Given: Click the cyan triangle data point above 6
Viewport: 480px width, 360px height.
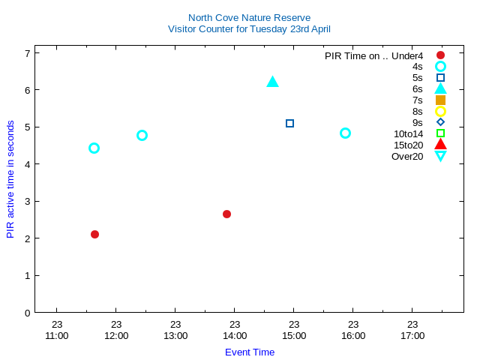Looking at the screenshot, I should (x=272, y=82).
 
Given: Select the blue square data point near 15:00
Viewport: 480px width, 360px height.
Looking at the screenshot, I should (x=290, y=123).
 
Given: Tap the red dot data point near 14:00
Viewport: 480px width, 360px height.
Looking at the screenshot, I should (x=226, y=214).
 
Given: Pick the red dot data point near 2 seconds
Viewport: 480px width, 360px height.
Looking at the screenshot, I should (x=94, y=235).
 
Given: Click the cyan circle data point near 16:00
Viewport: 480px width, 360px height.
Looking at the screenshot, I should (x=345, y=133).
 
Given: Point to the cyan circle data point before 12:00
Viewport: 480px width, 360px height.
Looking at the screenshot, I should (x=94, y=148).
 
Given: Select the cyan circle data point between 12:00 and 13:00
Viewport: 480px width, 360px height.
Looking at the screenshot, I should (x=142, y=136).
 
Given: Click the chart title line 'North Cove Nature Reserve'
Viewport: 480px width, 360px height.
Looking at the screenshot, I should (x=249, y=17).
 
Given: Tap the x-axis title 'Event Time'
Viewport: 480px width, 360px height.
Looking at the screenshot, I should (x=250, y=352).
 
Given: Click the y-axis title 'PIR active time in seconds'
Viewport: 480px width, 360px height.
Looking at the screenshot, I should (x=10, y=179).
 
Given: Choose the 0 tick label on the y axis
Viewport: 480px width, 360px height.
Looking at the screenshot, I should (x=27, y=313).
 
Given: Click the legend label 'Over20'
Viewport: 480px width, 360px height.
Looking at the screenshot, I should (x=407, y=156).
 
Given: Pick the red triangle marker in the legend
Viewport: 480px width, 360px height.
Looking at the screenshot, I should (x=440, y=145).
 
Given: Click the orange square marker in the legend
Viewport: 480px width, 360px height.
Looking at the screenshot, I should (x=440, y=100).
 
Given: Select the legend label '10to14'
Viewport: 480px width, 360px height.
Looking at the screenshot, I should (x=408, y=133).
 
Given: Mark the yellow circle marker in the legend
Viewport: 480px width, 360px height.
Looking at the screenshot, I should (x=440, y=111).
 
